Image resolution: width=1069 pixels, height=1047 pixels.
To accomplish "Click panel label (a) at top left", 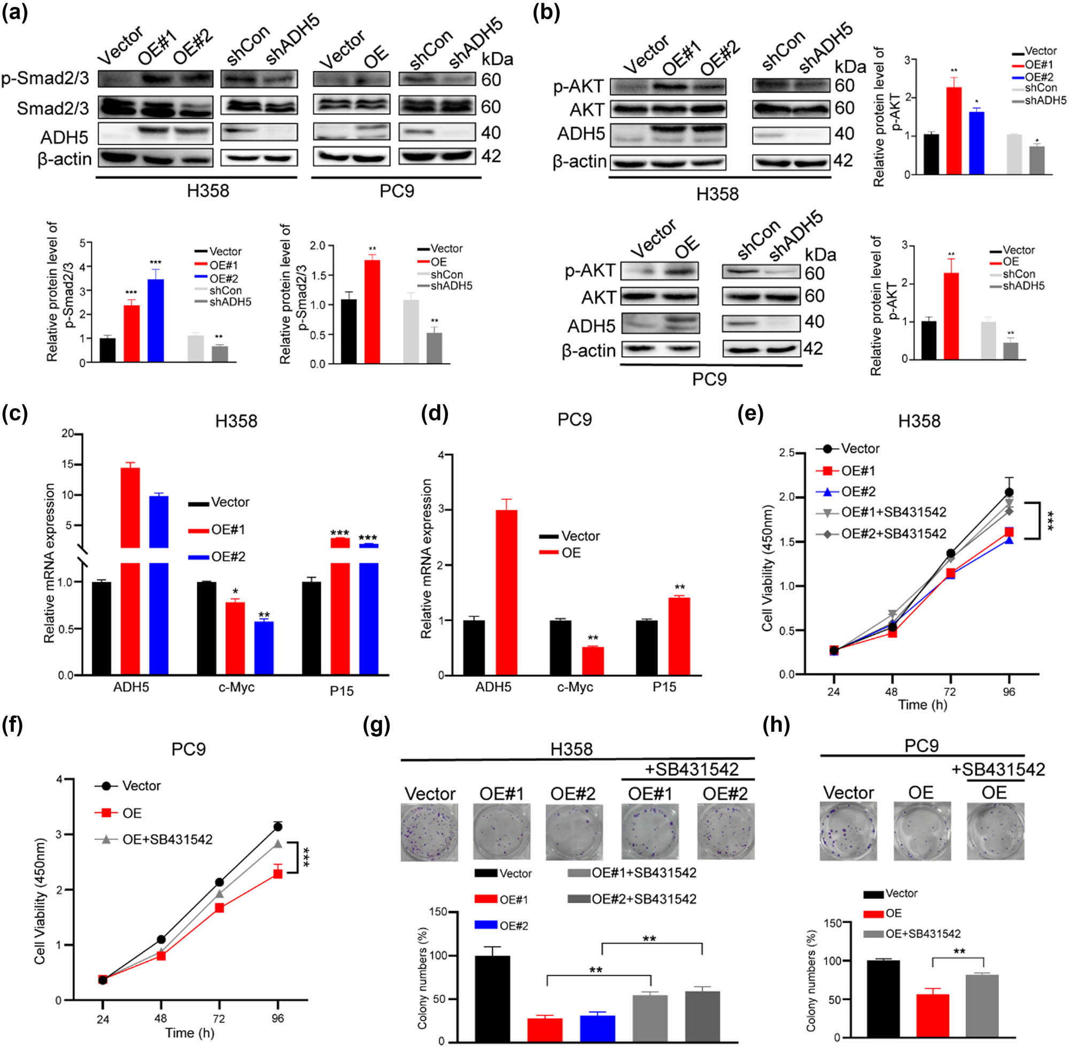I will tap(15, 12).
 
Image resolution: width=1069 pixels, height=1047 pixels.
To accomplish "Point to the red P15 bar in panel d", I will tap(679, 636).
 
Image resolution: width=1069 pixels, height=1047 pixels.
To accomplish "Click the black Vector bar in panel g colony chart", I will tap(492, 997).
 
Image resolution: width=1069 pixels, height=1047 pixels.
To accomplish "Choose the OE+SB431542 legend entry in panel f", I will tap(167, 840).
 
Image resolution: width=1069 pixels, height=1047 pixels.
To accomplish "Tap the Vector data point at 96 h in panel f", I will tap(278, 827).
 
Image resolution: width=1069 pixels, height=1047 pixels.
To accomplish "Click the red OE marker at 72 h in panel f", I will tap(219, 908).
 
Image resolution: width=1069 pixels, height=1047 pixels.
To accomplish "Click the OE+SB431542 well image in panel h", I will tap(995, 831).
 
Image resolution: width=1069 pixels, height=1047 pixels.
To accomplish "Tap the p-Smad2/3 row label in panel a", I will tap(45, 79).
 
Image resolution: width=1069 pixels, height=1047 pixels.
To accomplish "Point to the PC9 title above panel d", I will tap(574, 419).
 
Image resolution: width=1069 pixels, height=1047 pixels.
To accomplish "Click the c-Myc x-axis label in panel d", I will tap(575, 687).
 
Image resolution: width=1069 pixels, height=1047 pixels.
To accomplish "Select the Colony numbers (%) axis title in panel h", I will tap(810, 980).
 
